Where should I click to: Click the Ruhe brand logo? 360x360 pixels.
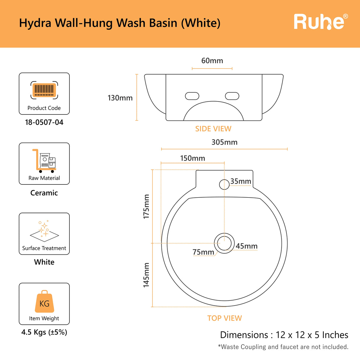[x=321, y=22]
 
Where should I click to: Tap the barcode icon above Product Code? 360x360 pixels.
[x=44, y=90]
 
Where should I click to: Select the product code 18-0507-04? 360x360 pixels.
[x=44, y=122]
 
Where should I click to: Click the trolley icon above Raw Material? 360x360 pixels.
[x=44, y=161]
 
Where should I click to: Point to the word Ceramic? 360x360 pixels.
[x=44, y=193]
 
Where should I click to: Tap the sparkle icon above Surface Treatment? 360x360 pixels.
[x=44, y=231]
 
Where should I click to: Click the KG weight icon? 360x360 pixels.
[x=44, y=301]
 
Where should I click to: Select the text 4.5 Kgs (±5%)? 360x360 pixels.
[x=44, y=332]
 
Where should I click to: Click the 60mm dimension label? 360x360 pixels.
[x=212, y=61]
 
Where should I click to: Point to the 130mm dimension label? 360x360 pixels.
[x=120, y=98]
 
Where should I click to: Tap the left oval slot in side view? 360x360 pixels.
[x=192, y=96]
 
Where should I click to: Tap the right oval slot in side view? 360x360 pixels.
[x=232, y=96]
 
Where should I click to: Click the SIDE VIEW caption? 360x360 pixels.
[x=213, y=129]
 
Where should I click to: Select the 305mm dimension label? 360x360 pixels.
[x=224, y=142]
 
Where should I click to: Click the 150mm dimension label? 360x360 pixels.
[x=193, y=158]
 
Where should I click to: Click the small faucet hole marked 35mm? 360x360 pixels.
[x=224, y=184]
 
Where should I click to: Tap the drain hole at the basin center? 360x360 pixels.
[x=224, y=243]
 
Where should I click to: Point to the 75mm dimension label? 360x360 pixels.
[x=203, y=252]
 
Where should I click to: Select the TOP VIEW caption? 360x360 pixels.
[x=224, y=318]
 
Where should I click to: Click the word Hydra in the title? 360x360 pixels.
[x=35, y=23]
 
